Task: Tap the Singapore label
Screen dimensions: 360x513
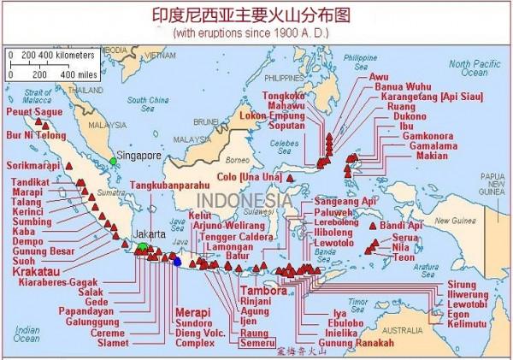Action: [139, 156]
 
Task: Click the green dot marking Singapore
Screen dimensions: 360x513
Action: [113, 161]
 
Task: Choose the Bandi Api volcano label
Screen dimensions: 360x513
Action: [403, 225]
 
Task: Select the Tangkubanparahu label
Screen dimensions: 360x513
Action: [168, 185]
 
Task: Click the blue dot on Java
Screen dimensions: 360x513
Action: [177, 262]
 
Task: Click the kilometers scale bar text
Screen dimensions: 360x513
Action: [52, 55]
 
